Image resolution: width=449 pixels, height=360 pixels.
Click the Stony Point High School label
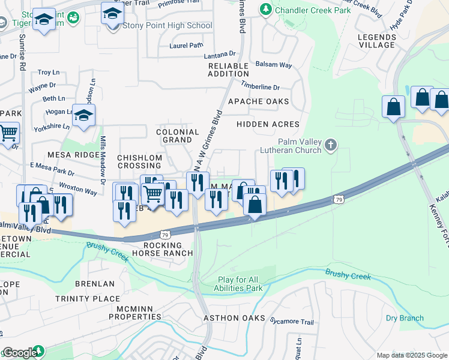point(167,26)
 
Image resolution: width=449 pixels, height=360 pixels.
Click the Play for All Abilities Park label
point(240,284)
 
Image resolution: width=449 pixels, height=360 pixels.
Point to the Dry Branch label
point(404,318)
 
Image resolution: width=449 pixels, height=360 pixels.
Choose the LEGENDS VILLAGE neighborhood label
point(376,41)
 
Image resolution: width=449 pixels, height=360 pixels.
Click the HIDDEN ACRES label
point(268,124)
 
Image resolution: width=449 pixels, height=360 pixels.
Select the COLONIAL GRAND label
point(177,136)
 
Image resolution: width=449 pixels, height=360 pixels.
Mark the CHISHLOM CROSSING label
point(139,161)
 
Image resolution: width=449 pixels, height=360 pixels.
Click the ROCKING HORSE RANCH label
point(163,249)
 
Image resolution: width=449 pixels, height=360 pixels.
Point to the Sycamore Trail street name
point(292,322)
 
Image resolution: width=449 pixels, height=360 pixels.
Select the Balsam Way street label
point(273,64)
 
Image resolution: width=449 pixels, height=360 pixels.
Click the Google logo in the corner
point(19,353)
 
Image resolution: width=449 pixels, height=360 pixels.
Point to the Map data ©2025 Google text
point(411,355)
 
